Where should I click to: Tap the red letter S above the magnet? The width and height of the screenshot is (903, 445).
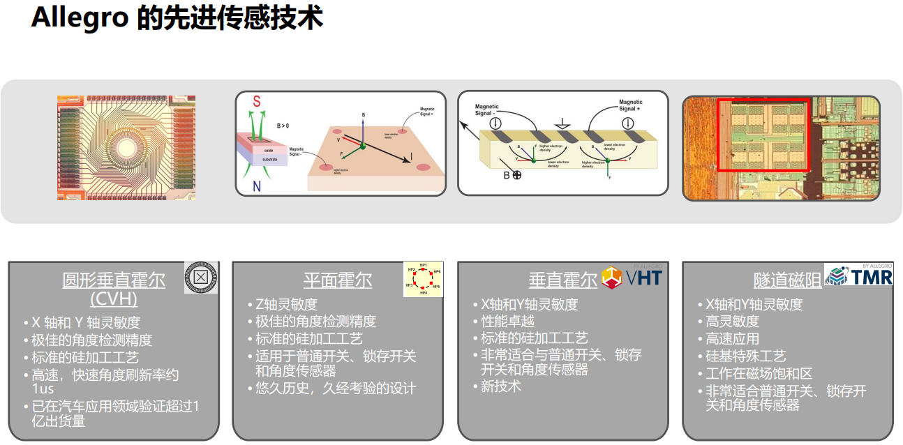257,102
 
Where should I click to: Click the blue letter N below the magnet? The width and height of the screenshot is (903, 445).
257,186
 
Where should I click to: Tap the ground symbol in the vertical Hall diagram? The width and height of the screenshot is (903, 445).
558,124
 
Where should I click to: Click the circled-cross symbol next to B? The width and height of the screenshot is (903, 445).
517,175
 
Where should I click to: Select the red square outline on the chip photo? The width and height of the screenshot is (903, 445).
763,135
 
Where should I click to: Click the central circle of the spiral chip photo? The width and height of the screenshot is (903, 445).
126,148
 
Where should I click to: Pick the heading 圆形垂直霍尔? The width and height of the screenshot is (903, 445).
114,280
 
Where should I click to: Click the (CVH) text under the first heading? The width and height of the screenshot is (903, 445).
114,299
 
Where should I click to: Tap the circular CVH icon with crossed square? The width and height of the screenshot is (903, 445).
200,278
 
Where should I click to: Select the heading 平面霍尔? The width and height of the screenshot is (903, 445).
338,280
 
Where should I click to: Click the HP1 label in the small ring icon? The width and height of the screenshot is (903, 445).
423,266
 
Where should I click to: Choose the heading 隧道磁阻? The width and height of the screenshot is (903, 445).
788,280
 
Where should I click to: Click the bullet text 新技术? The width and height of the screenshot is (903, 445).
501,386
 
